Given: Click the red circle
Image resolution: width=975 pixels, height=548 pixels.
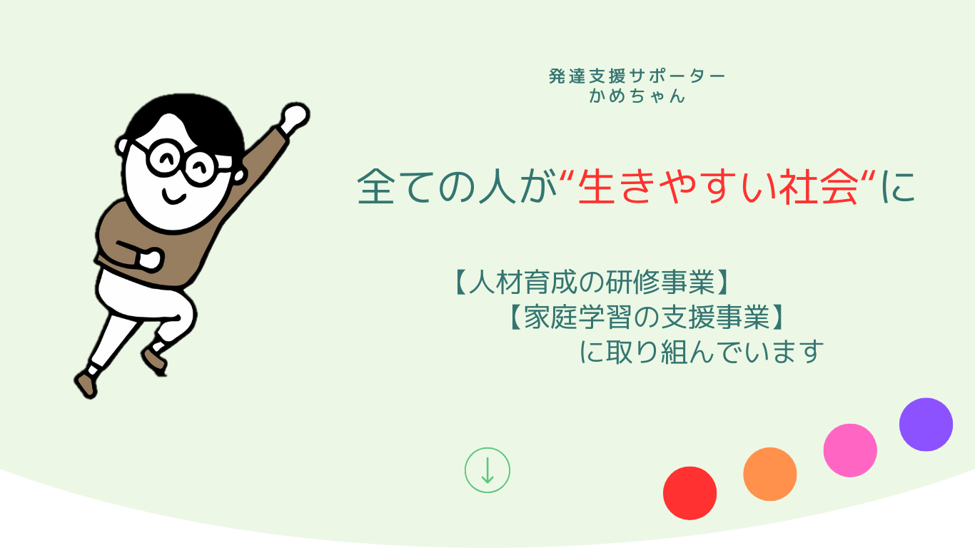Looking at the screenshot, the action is click(690, 493).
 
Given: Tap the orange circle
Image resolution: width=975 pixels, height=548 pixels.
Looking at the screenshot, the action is click(770, 474).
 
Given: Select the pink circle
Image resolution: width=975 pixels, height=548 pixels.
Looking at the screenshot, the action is click(850, 450).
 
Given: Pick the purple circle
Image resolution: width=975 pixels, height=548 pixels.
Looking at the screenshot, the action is click(926, 425).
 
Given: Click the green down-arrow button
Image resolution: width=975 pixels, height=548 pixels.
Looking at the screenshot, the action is click(487, 470).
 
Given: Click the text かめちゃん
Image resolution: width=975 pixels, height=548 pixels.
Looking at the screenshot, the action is click(637, 96).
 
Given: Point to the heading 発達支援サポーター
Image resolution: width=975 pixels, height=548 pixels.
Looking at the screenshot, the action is click(637, 76).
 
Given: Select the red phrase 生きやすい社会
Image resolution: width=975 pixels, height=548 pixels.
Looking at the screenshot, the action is click(718, 187).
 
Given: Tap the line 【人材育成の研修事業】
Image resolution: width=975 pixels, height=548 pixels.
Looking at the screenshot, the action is click(592, 282).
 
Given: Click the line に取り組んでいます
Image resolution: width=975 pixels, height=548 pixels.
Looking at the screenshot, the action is click(702, 352).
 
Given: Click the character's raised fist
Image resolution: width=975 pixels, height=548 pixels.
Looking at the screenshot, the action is click(295, 116).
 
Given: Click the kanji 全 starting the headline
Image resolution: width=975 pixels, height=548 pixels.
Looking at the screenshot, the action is click(375, 187).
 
